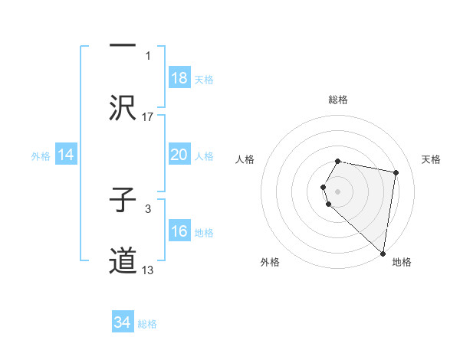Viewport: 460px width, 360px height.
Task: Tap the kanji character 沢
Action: tap(123, 108)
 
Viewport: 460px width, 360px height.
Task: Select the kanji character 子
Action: tap(123, 200)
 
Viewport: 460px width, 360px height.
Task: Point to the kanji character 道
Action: tap(123, 260)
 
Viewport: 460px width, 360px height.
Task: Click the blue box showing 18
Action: tap(179, 78)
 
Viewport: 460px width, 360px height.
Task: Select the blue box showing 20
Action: tap(179, 155)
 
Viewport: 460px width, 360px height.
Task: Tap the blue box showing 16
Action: tap(179, 231)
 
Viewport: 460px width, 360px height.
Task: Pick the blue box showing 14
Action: tap(66, 155)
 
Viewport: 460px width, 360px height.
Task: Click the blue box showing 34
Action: tap(123, 322)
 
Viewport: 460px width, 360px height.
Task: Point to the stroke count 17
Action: tap(148, 116)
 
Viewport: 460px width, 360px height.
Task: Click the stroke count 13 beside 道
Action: tap(148, 270)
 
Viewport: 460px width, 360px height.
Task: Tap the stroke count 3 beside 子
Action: tap(148, 208)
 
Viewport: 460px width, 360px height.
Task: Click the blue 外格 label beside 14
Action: tap(41, 156)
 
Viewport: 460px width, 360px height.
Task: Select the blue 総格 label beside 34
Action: tap(147, 324)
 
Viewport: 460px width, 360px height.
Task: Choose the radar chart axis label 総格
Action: tap(338, 100)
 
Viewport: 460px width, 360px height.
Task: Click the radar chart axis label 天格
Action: tap(431, 159)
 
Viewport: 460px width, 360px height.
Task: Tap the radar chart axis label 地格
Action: tap(402, 262)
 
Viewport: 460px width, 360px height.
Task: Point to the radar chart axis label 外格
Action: tap(270, 262)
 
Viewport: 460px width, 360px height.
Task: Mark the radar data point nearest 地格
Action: tap(383, 253)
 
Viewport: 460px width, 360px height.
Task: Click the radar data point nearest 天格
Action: tap(396, 172)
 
